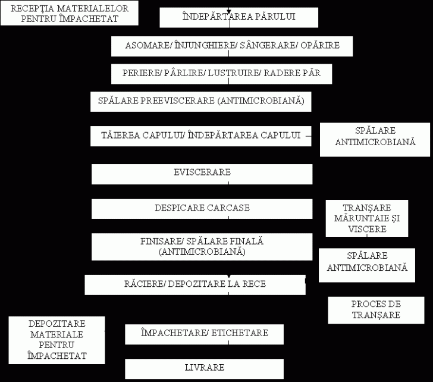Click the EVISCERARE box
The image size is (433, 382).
point(202,174)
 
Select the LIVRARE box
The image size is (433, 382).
point(204,369)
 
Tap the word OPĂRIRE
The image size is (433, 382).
point(320,45)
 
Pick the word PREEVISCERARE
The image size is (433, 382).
point(177,101)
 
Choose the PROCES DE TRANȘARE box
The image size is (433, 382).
point(376,310)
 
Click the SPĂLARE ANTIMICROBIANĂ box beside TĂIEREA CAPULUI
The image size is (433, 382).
point(375,140)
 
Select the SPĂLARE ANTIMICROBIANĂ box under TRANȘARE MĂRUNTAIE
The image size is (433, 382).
point(367,265)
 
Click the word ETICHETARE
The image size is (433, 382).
point(240,333)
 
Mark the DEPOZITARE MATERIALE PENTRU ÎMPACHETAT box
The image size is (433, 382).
point(57,340)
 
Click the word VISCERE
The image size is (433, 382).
point(367,229)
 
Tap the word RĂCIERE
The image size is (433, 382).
point(144,284)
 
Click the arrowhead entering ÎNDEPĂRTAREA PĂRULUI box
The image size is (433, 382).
point(228,11)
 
